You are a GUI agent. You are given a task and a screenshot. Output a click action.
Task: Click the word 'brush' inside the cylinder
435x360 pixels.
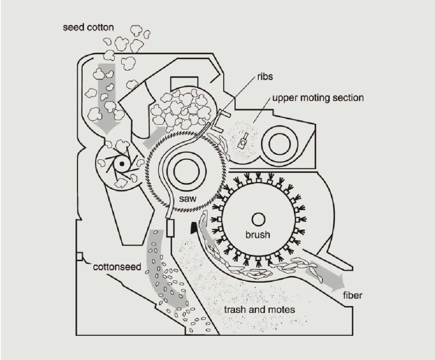[257, 234]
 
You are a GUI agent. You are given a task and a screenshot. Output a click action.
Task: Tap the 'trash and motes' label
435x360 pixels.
[259, 309]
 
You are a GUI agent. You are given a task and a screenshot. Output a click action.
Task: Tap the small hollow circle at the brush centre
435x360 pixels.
[257, 219]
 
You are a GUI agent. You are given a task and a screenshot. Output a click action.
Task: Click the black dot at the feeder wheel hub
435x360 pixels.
[122, 164]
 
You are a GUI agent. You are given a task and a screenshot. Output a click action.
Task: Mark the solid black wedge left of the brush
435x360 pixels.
[193, 228]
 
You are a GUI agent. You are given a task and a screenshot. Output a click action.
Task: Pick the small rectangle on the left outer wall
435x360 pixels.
[79, 256]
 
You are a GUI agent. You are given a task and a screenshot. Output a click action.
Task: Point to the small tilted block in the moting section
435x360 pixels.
[243, 142]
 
